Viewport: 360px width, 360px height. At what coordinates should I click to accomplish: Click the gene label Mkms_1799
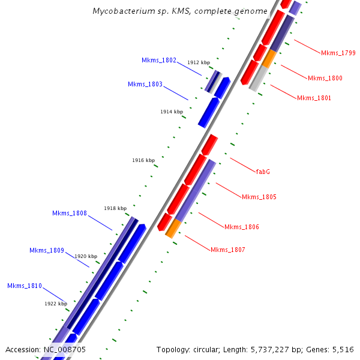pyautogui.click(x=338, y=53)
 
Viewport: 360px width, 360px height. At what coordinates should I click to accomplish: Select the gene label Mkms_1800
pyautogui.click(x=325, y=78)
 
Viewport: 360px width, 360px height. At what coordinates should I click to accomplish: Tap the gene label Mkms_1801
pyautogui.click(x=314, y=98)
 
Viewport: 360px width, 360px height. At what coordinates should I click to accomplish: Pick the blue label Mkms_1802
pyautogui.click(x=159, y=60)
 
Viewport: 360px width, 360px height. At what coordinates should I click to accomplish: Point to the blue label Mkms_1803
pyautogui.click(x=145, y=84)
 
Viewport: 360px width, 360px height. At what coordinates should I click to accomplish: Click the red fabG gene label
pyautogui.click(x=263, y=172)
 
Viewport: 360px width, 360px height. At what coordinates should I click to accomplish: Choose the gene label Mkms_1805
pyautogui.click(x=259, y=197)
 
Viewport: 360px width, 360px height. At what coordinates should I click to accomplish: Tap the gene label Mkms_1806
pyautogui.click(x=242, y=227)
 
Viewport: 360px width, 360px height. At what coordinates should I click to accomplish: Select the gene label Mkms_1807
pyautogui.click(x=228, y=250)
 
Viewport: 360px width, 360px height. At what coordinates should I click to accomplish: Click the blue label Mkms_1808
pyautogui.click(x=70, y=213)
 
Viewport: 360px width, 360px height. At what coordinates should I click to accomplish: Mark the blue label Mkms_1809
pyautogui.click(x=47, y=250)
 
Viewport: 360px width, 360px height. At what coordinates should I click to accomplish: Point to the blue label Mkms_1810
pyautogui.click(x=25, y=286)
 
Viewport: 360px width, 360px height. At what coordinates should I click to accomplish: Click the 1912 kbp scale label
pyautogui.click(x=199, y=62)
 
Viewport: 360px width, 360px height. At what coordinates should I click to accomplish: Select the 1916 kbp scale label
pyautogui.click(x=143, y=160)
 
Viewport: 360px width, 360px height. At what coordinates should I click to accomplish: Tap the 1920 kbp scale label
pyautogui.click(x=86, y=256)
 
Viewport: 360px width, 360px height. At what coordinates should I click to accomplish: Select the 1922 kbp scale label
pyautogui.click(x=56, y=304)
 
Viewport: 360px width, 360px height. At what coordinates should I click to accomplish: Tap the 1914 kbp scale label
pyautogui.click(x=172, y=112)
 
